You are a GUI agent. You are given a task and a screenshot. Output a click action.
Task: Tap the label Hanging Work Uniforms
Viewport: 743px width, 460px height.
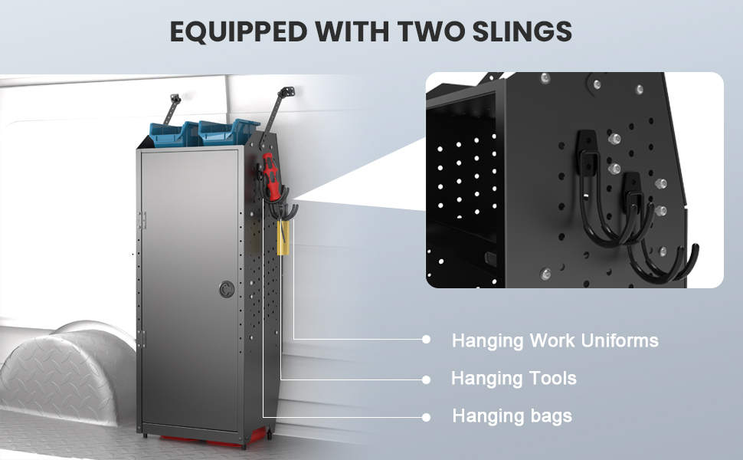pyautogui.click(x=555, y=340)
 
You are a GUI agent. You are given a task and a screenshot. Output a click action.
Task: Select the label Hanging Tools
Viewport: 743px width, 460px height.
pyautogui.click(x=513, y=378)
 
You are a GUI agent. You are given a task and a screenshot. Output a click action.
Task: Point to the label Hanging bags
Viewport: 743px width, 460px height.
pyautogui.click(x=512, y=416)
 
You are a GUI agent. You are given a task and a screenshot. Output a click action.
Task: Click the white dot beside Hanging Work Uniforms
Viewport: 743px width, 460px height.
pyautogui.click(x=427, y=340)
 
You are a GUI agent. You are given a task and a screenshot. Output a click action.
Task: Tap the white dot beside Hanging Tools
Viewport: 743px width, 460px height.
pyautogui.click(x=427, y=379)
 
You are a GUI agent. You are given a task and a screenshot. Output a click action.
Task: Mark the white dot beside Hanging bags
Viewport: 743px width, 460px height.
pyautogui.click(x=427, y=416)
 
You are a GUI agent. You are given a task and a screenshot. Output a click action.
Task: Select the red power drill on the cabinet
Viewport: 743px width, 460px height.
pyautogui.click(x=269, y=173)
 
